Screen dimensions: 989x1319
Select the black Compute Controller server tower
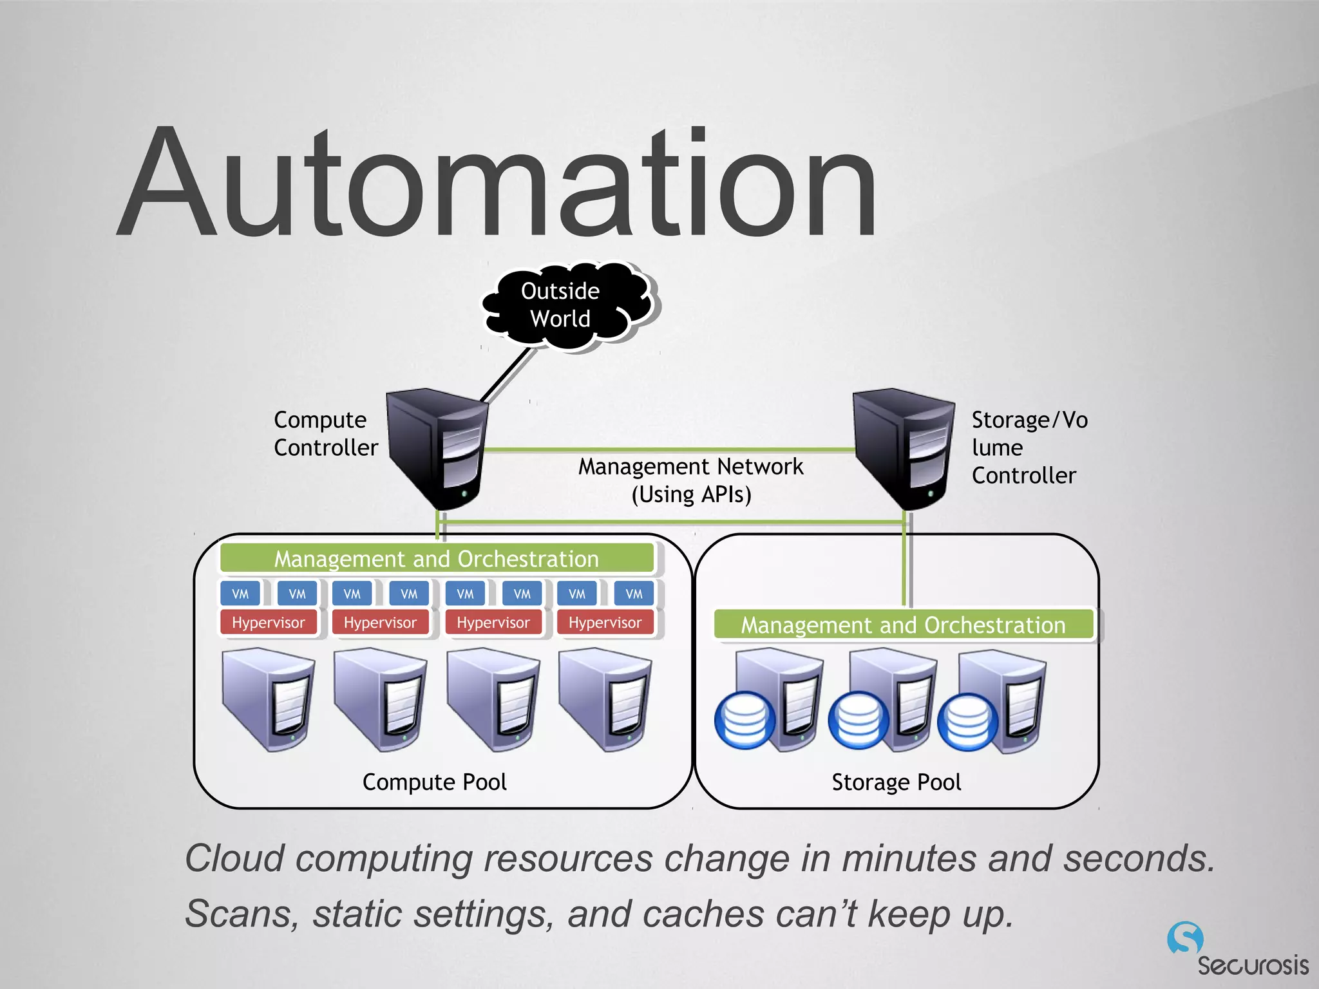tap(437, 447)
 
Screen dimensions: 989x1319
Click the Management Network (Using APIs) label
tap(690, 480)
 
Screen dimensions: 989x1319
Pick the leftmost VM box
tap(240, 594)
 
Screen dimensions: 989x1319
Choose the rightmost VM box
tap(634, 594)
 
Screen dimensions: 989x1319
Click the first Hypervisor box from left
tap(269, 623)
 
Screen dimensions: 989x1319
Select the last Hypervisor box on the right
tap(605, 623)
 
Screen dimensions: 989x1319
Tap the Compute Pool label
tap(435, 782)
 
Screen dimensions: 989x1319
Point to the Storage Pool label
tap(896, 782)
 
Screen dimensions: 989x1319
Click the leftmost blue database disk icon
tap(745, 720)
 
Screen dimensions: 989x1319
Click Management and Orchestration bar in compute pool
tap(437, 558)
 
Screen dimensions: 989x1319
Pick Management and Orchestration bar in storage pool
tap(903, 625)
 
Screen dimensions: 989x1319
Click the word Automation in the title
tap(496, 184)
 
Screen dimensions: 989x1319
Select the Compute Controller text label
tap(325, 433)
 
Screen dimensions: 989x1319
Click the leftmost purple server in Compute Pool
tap(269, 699)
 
